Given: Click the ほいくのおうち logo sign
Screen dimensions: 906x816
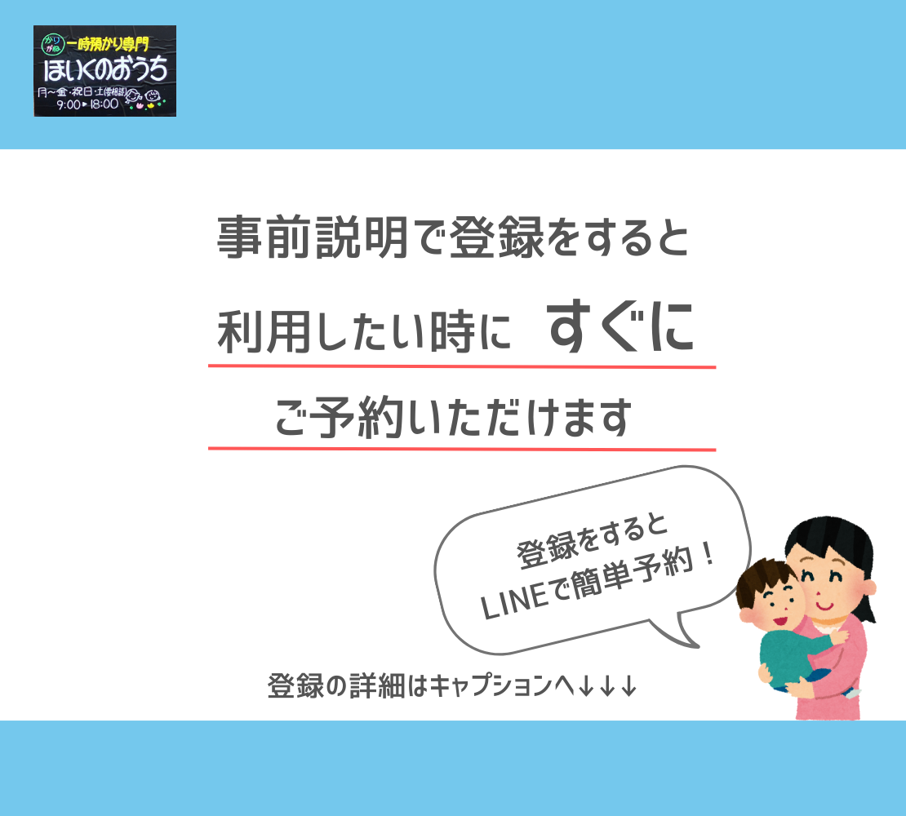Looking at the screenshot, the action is coord(104,71).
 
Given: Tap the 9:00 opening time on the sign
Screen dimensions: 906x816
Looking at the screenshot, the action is coord(69,104).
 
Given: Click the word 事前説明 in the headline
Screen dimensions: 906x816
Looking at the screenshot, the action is coord(313,237).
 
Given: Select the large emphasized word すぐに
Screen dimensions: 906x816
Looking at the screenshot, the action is coord(620,327).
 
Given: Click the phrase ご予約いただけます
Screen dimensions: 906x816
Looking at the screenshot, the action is coord(453,417).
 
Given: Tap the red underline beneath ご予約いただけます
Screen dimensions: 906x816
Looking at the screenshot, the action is coord(462,449).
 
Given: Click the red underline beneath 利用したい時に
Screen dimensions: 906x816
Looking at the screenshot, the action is coord(462,366).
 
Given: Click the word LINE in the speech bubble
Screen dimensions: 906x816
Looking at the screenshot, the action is coord(513,601).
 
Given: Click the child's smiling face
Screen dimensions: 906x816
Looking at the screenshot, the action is coord(772,606).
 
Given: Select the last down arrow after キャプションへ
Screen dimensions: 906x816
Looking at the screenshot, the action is coord(629,686).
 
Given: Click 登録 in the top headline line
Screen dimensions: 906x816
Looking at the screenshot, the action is coord(496,237).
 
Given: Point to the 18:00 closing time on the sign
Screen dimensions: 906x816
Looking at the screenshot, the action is coord(104,104).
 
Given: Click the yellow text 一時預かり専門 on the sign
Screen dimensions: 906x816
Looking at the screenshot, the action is coord(108,43).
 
